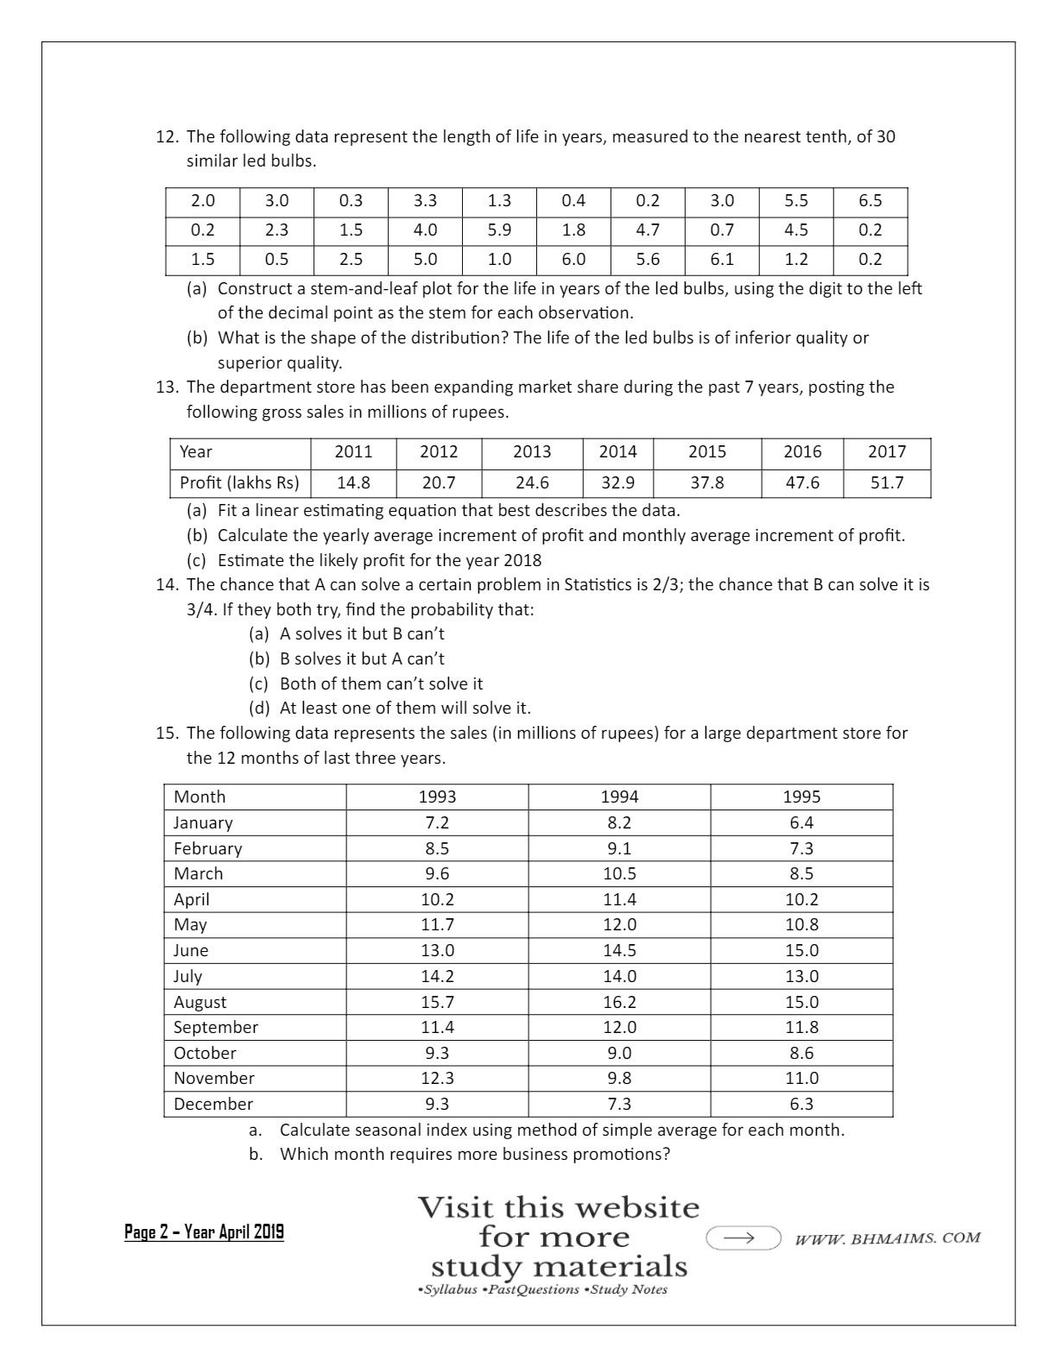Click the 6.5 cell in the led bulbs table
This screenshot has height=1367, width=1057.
coord(870,201)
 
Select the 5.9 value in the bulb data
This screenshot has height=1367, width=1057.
coord(499,230)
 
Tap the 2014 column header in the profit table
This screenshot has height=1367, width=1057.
coord(617,451)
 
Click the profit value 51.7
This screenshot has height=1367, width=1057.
coord(887,482)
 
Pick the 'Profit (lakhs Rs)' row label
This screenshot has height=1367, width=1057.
coord(239,482)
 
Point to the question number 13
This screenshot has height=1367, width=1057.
coord(166,387)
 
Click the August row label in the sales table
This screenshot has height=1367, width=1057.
coord(199,1002)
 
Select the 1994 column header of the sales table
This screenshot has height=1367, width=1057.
coord(619,797)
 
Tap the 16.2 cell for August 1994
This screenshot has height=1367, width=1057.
coord(619,1002)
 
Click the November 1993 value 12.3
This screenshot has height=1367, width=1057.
coord(437,1078)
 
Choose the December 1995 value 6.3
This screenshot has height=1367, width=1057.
coord(801,1104)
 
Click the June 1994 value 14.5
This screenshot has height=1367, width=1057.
coord(619,950)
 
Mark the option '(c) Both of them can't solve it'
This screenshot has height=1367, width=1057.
coord(366,683)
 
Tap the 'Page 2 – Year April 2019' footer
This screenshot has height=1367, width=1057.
coord(204,1232)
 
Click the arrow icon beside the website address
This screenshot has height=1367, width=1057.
coord(743,1238)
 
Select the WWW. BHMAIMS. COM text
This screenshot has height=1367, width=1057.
coord(887,1238)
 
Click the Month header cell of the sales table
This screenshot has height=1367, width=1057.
coord(199,797)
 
